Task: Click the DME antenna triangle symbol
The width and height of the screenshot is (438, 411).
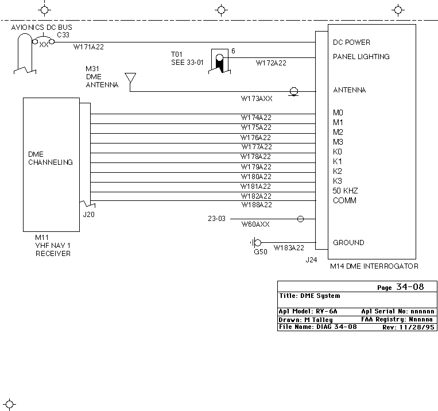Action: click(x=130, y=77)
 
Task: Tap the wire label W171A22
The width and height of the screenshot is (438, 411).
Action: click(x=88, y=47)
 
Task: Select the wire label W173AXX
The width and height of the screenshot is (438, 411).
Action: click(x=257, y=99)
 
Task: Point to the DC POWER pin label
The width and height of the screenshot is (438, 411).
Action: click(x=351, y=42)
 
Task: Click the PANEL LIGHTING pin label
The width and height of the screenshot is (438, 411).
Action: click(x=361, y=57)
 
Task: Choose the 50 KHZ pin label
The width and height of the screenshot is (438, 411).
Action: click(x=345, y=191)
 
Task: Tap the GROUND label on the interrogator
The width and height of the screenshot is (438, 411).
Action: click(x=348, y=242)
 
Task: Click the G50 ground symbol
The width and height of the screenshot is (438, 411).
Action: click(x=255, y=242)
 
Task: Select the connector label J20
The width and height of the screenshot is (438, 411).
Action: click(x=89, y=215)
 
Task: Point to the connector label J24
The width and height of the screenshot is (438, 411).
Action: click(x=311, y=260)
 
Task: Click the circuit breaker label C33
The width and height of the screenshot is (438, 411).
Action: click(x=63, y=35)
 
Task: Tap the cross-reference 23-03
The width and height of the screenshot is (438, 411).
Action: click(x=216, y=219)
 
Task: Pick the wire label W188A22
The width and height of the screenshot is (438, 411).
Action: click(x=257, y=205)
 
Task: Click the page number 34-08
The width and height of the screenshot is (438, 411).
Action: click(x=410, y=287)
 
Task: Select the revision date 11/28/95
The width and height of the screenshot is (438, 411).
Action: click(x=417, y=327)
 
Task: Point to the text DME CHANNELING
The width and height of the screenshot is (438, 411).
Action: click(x=51, y=158)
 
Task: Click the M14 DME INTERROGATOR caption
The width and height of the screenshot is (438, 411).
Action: click(x=374, y=266)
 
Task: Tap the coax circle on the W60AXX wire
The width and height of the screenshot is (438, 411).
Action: click(x=300, y=219)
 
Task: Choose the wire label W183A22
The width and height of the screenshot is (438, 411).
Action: click(x=289, y=248)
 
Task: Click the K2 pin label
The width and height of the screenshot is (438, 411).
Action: click(x=338, y=171)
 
